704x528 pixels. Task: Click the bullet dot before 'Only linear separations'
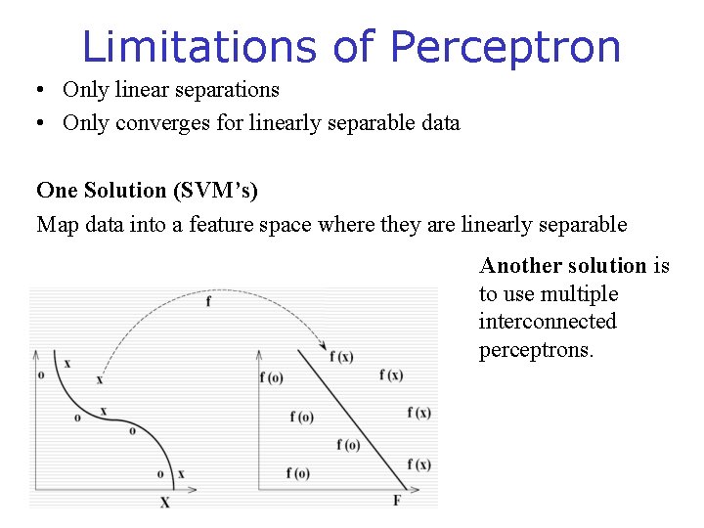37,91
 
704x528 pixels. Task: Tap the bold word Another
521,266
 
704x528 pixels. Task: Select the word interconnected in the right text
548,322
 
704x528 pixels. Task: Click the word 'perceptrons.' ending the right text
536,349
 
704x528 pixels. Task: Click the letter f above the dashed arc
207,302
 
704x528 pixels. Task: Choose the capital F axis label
396,500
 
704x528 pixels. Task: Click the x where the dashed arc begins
99,379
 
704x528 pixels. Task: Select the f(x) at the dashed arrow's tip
341,357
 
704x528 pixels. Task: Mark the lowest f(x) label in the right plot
418,463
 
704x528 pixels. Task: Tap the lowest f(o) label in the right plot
298,473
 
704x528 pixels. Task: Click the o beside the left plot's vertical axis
40,374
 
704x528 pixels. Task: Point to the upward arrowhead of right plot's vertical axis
258,354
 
